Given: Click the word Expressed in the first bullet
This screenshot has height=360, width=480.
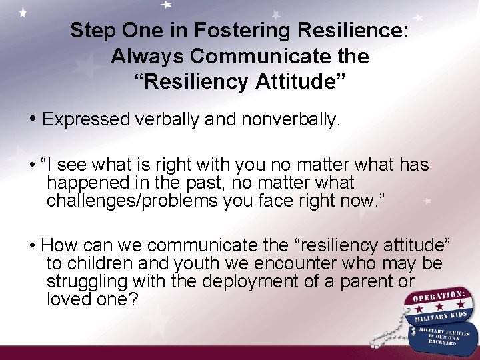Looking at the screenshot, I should click(x=86, y=119).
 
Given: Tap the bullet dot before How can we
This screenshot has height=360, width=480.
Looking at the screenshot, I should click(x=33, y=246).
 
